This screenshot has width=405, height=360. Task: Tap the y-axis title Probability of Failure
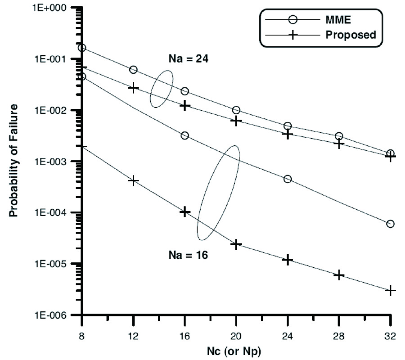14,161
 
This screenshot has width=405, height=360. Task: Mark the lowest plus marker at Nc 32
391,290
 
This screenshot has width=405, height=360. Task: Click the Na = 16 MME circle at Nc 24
288,179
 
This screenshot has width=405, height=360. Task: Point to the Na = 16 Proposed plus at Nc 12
134,180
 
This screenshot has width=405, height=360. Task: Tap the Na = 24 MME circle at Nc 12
133,70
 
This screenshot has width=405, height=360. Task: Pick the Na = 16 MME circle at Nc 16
184,135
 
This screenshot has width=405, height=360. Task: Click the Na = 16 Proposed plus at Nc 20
236,244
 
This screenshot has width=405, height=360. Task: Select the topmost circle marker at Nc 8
82,48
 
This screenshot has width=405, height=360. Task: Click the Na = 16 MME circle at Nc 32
390,224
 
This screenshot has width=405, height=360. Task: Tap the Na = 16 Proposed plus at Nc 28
339,275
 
